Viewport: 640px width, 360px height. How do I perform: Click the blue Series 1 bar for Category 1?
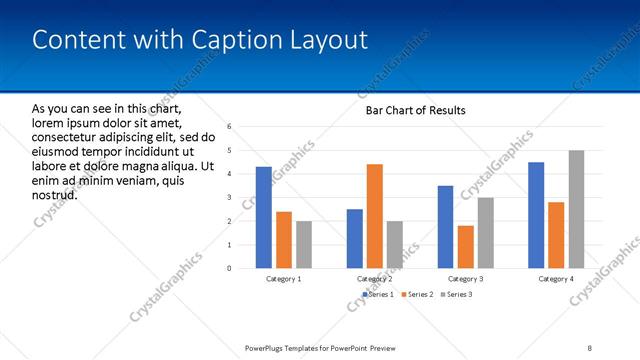click(263, 217)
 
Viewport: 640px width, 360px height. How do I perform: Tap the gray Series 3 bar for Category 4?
click(576, 209)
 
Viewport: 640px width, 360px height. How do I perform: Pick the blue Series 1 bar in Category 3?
click(445, 226)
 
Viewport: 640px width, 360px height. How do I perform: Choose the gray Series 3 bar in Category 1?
click(304, 244)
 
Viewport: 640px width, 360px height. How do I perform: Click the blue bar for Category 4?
click(536, 215)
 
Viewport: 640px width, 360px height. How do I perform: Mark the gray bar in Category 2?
click(394, 244)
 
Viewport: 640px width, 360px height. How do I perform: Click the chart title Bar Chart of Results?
click(415, 110)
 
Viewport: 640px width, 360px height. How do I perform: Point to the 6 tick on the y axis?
click(230, 127)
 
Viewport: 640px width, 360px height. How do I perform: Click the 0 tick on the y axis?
click(230, 268)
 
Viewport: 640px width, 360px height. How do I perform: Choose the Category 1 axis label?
click(284, 279)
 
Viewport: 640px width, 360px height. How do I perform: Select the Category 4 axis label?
click(556, 279)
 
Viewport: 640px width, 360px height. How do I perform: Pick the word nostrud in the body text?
click(55, 194)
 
